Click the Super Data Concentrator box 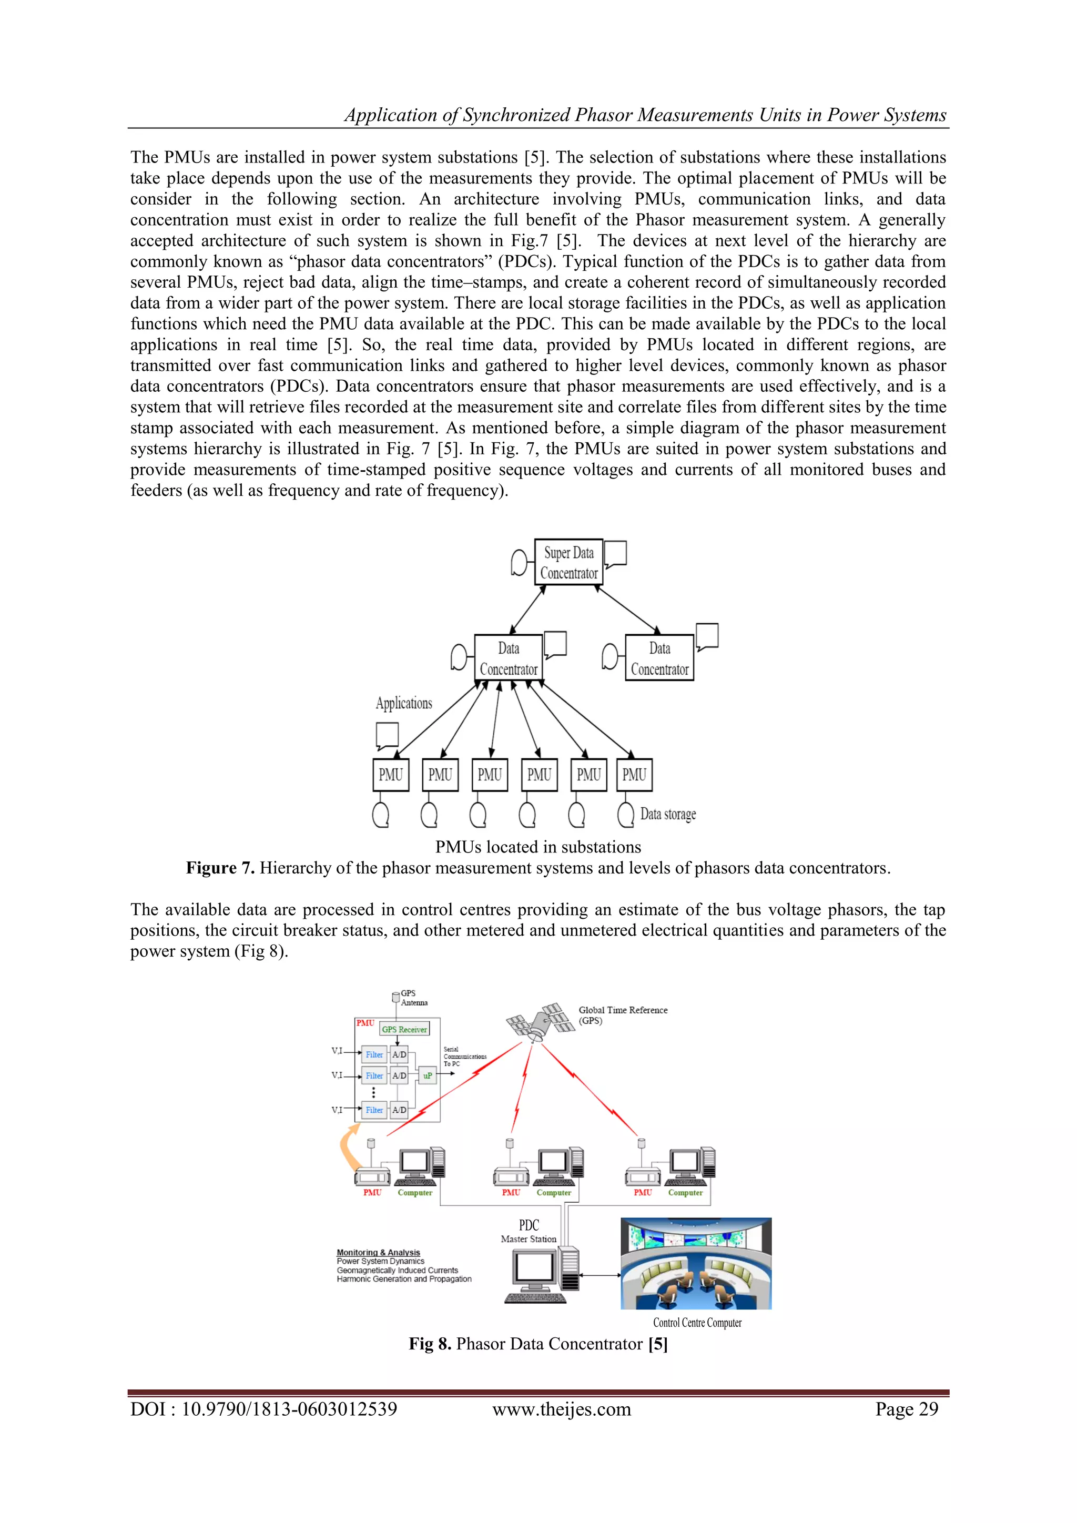pos(568,562)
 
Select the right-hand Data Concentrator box pos(659,657)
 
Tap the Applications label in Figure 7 pos(403,703)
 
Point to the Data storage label pos(667,814)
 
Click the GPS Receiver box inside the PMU pos(404,1029)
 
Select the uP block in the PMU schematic pos(428,1075)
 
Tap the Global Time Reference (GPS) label pos(622,1015)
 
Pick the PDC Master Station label pos(529,1231)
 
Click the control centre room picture pos(696,1263)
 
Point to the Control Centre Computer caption pos(697,1323)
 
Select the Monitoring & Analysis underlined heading pos(378,1252)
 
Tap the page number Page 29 pos(906,1409)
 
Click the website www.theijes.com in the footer pos(561,1409)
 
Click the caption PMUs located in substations pos(538,847)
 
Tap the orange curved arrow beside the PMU pos(348,1145)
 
